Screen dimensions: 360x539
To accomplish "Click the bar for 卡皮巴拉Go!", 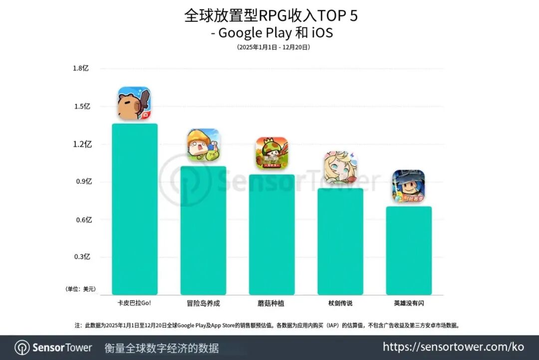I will (x=135, y=209).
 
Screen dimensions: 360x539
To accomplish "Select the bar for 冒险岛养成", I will (x=203, y=230).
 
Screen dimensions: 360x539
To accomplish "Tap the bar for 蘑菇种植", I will (x=271, y=234).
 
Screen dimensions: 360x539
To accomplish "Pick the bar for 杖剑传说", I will (x=340, y=241).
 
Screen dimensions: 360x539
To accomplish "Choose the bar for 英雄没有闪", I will (x=409, y=250).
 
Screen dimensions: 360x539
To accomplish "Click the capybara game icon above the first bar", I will (x=134, y=104).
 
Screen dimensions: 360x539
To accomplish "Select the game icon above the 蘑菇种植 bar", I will (x=272, y=153).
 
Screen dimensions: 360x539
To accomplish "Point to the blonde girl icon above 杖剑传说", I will (x=341, y=168).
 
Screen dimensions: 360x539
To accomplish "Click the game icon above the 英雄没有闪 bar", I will (x=408, y=186).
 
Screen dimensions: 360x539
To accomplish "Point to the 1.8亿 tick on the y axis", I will (x=81, y=68).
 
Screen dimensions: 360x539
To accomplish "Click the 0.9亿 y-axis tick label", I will (x=84, y=181).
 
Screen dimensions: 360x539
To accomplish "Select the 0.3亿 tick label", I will (x=83, y=257).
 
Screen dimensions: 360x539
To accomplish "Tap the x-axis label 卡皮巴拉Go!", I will (x=134, y=303).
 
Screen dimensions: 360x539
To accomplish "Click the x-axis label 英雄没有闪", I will (x=409, y=303).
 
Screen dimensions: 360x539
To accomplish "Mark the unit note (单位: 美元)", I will (x=80, y=289).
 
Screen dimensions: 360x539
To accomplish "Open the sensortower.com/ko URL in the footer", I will (x=453, y=347).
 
